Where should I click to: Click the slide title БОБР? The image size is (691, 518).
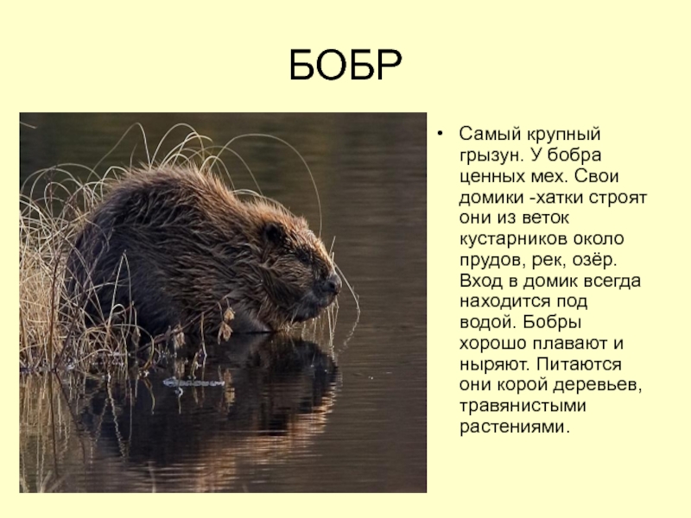(345, 66)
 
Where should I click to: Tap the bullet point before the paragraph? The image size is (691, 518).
(440, 134)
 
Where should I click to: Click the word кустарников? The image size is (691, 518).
(513, 240)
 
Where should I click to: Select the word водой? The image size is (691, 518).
(487, 323)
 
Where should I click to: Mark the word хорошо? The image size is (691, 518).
(493, 344)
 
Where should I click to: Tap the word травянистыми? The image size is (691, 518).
(523, 406)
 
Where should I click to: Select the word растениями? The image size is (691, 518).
(515, 427)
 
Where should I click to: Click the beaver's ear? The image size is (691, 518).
(273, 233)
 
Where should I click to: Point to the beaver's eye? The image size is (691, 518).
(303, 256)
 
